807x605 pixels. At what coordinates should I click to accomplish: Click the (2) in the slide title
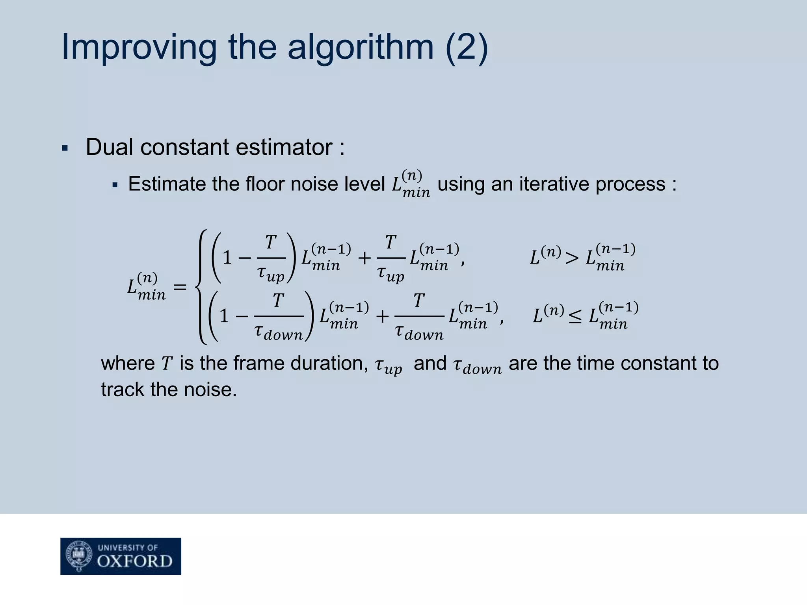(467, 47)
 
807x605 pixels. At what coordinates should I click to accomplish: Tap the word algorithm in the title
(360, 47)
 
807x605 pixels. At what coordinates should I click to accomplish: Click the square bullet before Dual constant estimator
(65, 149)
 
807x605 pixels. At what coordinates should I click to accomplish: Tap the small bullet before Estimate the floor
(115, 185)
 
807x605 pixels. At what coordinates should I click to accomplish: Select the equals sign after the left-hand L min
(180, 287)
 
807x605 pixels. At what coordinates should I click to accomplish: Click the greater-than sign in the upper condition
(572, 258)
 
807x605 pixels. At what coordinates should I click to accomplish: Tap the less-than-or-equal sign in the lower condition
(575, 316)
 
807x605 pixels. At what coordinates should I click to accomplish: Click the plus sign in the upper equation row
(364, 258)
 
